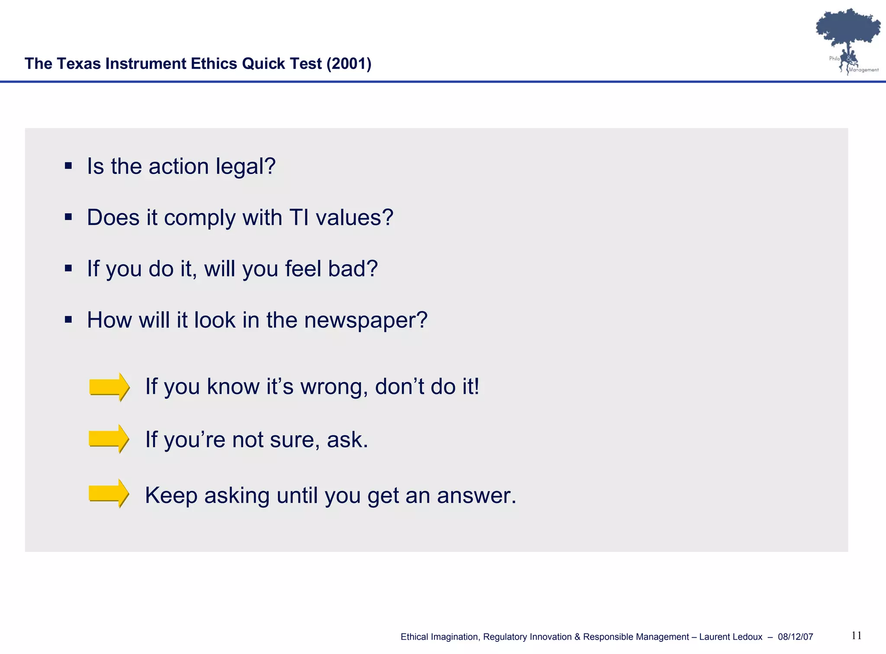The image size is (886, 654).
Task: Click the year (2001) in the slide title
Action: coord(349,64)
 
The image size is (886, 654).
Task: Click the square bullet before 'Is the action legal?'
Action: coord(68,166)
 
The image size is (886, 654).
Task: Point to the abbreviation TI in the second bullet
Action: coord(299,217)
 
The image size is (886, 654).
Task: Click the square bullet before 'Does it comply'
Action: coord(68,217)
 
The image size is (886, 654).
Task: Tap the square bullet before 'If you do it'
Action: coord(68,268)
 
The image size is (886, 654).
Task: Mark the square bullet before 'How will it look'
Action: coord(68,320)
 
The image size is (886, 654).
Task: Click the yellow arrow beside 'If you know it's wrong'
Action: coord(109,387)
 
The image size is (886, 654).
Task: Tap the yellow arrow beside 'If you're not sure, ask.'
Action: coord(109,439)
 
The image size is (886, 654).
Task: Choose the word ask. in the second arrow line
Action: coord(347,439)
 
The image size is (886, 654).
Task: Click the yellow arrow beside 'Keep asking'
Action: coord(109,493)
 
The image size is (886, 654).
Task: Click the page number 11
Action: coord(856,635)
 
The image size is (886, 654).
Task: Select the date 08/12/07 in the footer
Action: coord(795,637)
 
